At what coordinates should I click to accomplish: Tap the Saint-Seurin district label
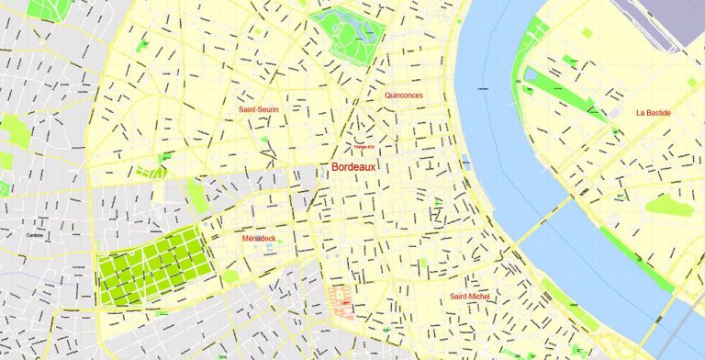pyautogui.click(x=258, y=109)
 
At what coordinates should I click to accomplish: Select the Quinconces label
pyautogui.click(x=404, y=95)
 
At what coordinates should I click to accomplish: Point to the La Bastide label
pyautogui.click(x=653, y=113)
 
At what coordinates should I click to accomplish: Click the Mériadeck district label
pyautogui.click(x=259, y=238)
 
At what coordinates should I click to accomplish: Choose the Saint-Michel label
pyautogui.click(x=470, y=297)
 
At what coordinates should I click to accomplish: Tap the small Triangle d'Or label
pyautogui.click(x=364, y=147)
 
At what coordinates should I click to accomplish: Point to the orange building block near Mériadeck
pyautogui.click(x=341, y=300)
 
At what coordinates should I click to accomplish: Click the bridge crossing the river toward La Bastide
pyautogui.click(x=541, y=221)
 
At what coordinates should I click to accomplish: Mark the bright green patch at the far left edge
pyautogui.click(x=15, y=131)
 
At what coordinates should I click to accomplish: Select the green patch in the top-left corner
pyautogui.click(x=46, y=9)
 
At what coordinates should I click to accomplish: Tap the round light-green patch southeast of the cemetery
pyautogui.click(x=230, y=276)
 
